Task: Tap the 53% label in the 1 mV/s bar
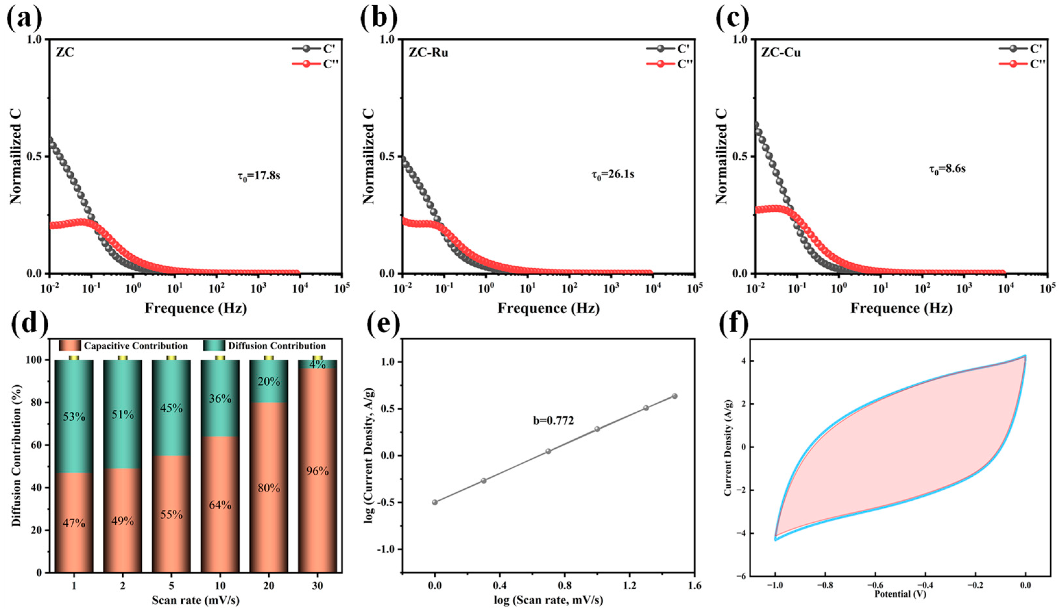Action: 74,417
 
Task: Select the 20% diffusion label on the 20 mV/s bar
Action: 269,382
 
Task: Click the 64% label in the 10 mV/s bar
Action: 220,505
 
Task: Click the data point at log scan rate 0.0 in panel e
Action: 435,502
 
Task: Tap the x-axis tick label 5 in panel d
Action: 171,585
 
